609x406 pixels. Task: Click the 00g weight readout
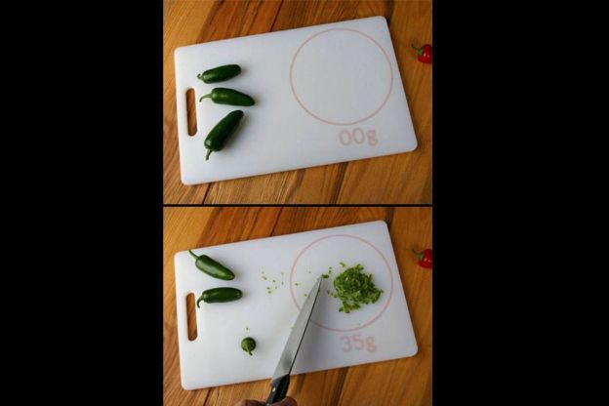click(358, 138)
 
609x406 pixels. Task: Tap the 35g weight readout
click(358, 344)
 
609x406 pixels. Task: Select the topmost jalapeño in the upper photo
click(220, 73)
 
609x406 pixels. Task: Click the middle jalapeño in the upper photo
click(227, 98)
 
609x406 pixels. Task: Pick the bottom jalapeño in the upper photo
click(223, 132)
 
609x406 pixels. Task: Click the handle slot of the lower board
click(192, 317)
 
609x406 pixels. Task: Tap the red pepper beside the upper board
click(423, 54)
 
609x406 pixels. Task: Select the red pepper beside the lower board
click(423, 259)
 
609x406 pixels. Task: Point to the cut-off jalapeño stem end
click(248, 345)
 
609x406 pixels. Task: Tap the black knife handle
click(279, 392)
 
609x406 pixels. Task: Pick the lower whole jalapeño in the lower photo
click(220, 297)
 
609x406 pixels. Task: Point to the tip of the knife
click(321, 277)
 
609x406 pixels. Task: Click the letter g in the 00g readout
click(371, 139)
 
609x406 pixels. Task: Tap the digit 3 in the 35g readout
click(347, 343)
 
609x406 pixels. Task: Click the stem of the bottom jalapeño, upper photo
click(209, 155)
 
